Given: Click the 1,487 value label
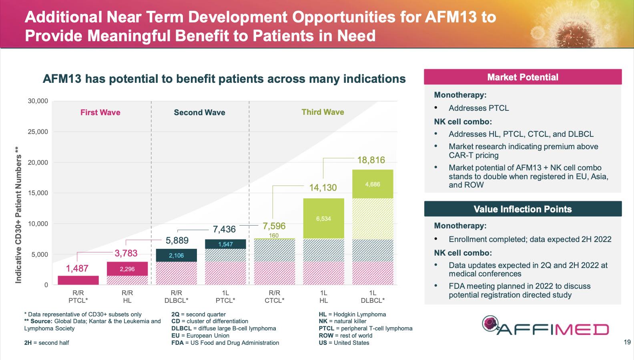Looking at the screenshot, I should (77, 268).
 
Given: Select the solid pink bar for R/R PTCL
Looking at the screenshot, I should (78, 280).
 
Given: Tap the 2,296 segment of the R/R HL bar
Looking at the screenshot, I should (127, 269).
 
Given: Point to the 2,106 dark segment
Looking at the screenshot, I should (176, 255).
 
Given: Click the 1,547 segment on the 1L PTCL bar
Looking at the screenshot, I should (225, 244).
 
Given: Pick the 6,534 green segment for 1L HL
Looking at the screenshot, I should (323, 218).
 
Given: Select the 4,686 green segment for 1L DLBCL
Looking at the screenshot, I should (373, 184).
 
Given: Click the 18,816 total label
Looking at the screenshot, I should (371, 160).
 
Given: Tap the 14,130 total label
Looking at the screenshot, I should (323, 188).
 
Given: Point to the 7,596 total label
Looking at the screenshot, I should (274, 226).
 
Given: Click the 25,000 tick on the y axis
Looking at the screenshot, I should (38, 132).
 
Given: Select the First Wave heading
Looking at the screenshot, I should (100, 112).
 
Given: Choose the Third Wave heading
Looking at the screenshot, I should (323, 112).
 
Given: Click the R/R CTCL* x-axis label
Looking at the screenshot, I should (275, 296).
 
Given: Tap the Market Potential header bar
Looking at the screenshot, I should (523, 77).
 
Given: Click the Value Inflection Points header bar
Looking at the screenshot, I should (523, 209).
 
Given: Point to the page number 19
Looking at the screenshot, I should (627, 342).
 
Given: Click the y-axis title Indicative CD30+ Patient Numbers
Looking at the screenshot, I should (18, 215).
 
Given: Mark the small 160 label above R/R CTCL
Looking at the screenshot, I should (274, 235).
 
